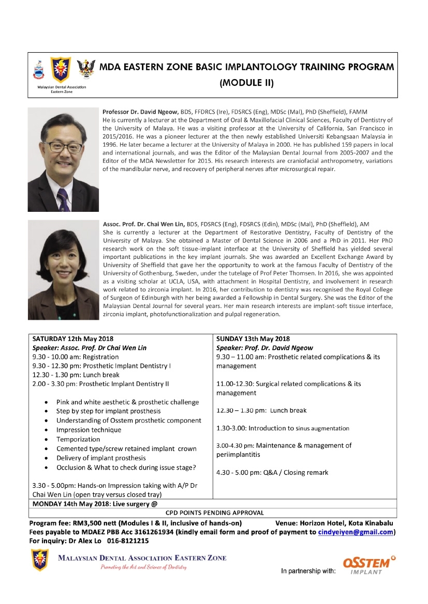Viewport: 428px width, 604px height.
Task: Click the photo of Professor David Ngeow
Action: point(56,160)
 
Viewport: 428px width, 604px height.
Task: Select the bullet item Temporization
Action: point(78,439)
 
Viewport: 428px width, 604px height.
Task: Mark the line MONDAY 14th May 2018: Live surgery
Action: point(94,503)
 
